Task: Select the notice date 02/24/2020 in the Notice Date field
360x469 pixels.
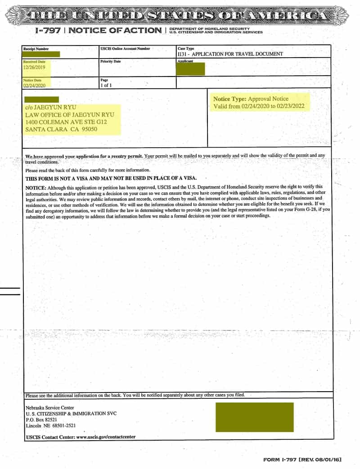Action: point(34,84)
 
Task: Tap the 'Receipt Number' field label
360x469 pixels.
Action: point(36,49)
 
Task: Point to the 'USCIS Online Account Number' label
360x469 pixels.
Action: point(125,48)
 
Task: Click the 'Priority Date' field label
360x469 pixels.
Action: point(111,61)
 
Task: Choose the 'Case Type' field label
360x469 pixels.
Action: point(186,48)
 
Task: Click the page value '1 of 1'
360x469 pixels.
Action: point(107,85)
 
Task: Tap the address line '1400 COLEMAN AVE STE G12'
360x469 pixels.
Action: point(66,122)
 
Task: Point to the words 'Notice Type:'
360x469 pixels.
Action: point(229,99)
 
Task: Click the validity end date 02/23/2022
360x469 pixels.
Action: point(290,106)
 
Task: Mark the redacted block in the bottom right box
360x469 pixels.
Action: point(255,417)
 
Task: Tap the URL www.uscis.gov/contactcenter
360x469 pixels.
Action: point(106,437)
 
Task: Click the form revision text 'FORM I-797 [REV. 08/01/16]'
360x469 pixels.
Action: point(302,460)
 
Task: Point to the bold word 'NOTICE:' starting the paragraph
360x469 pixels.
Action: point(36,187)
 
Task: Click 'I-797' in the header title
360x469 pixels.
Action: point(48,31)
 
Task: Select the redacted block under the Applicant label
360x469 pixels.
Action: point(191,69)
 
